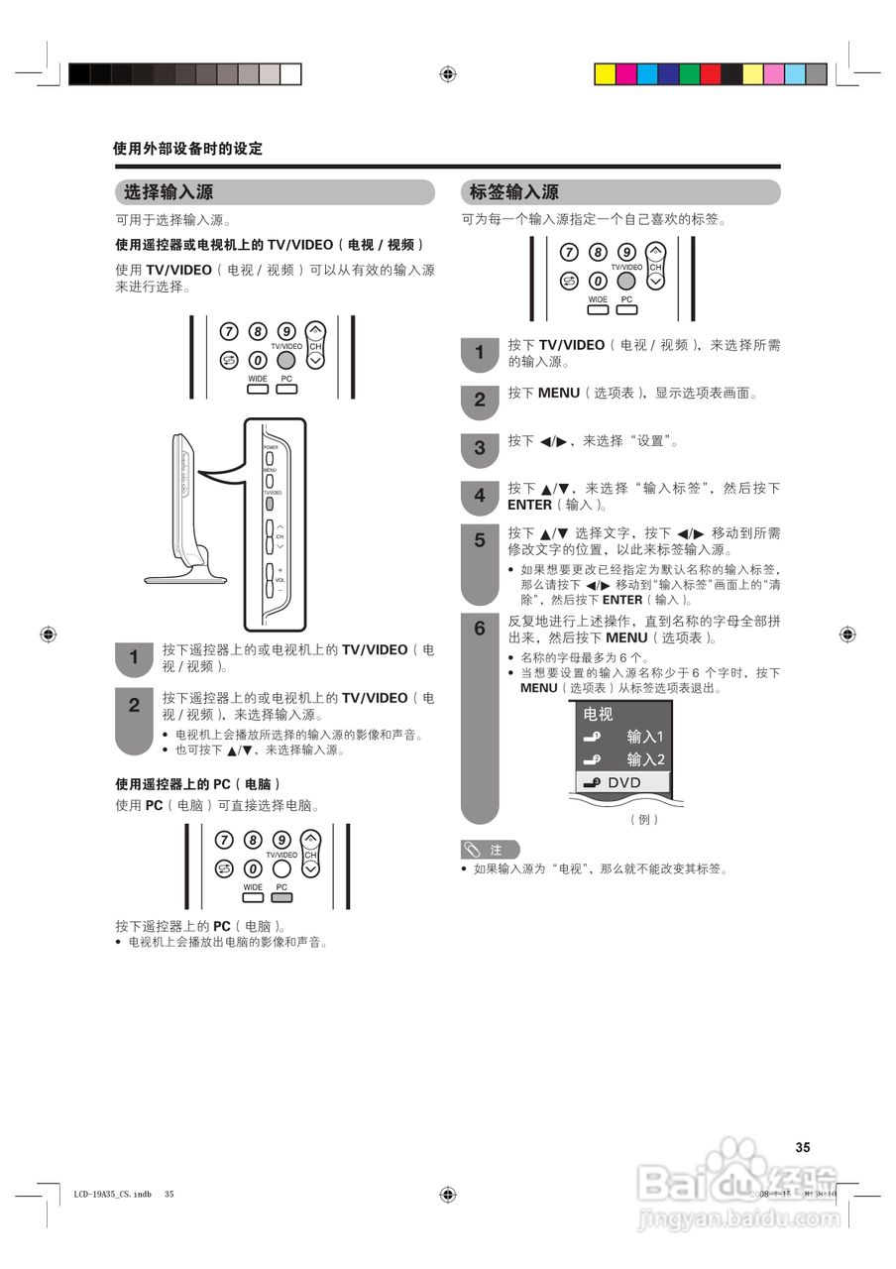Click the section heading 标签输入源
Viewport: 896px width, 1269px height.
coord(513,192)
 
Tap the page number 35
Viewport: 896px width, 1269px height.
coord(803,1147)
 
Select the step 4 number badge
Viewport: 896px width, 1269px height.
coord(480,496)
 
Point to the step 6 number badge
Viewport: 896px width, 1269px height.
coord(480,629)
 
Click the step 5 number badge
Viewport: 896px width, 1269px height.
coord(480,541)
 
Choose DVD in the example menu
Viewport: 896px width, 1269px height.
coord(623,782)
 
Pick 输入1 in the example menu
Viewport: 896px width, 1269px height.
coord(644,737)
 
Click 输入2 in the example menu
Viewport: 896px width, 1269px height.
coord(644,759)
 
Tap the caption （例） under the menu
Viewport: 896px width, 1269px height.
coord(644,820)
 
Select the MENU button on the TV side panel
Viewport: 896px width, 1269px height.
coord(269,480)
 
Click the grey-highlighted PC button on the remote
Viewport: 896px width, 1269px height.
coord(281,897)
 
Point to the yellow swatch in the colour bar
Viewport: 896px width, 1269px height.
coord(605,73)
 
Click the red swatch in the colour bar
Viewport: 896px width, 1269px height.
coord(711,73)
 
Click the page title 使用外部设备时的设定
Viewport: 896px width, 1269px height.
coord(187,149)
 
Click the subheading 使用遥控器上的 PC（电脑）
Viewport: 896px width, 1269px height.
coord(198,783)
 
